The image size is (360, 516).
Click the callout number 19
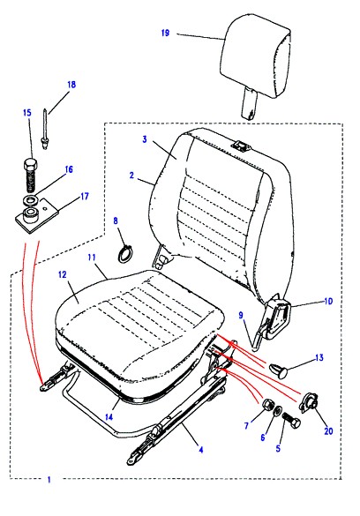tap(166, 33)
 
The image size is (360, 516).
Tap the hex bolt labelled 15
tap(30, 176)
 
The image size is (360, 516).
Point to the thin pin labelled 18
tap(44, 129)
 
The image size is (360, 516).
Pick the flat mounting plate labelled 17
tap(38, 217)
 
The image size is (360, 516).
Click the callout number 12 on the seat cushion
tap(63, 274)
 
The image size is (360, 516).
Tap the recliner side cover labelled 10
tap(279, 317)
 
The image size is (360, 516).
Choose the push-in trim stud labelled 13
tap(279, 370)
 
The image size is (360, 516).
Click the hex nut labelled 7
tap(266, 405)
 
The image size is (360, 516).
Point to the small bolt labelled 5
tap(291, 419)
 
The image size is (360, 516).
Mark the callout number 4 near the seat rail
tap(200, 449)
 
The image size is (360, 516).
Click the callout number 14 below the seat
tap(109, 417)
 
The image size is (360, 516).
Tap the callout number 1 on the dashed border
tap(49, 480)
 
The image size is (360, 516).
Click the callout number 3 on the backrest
tap(145, 139)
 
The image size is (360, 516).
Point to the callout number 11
tap(92, 257)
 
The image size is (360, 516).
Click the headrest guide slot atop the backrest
tap(242, 146)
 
